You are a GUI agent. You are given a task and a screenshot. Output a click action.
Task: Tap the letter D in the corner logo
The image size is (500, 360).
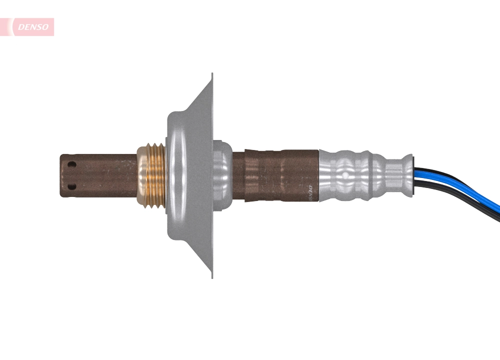pos(20,27)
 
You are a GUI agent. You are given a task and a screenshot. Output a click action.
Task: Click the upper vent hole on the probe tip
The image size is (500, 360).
pos(72,164)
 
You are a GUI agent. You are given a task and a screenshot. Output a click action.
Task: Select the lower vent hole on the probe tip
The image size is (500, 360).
pos(72,186)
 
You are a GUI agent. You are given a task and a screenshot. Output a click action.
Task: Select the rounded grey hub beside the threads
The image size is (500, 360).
pos(180,175)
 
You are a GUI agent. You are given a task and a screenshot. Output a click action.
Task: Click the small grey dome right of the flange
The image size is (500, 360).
pos(223,175)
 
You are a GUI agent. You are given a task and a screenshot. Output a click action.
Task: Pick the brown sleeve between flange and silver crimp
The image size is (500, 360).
pos(275,175)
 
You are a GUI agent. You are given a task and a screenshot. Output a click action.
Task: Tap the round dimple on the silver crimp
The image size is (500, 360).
pos(345,175)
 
